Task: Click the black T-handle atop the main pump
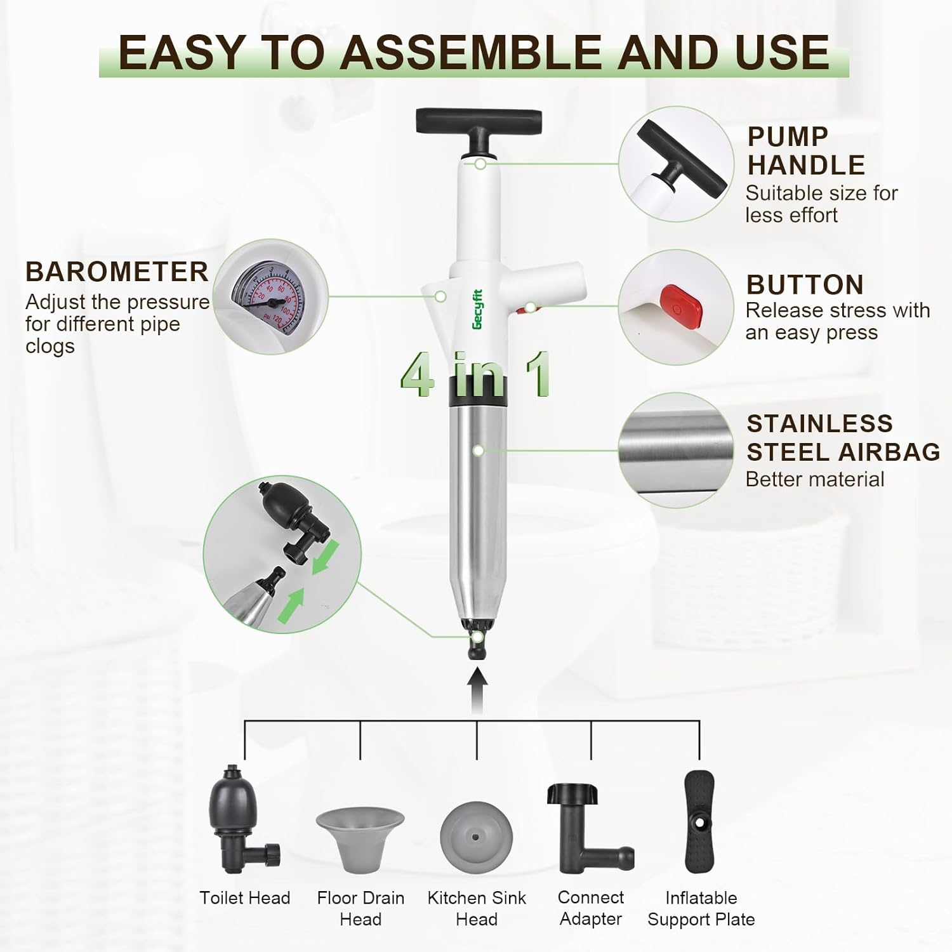click(x=479, y=121)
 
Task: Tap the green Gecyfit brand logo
click(x=477, y=309)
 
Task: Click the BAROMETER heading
click(x=117, y=272)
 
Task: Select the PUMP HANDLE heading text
click(x=805, y=151)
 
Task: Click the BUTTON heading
click(x=805, y=285)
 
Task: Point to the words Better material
click(x=815, y=479)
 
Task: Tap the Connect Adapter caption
click(x=590, y=908)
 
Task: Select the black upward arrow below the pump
click(x=477, y=691)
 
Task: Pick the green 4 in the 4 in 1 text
click(x=417, y=376)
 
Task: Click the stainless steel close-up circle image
click(x=676, y=450)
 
